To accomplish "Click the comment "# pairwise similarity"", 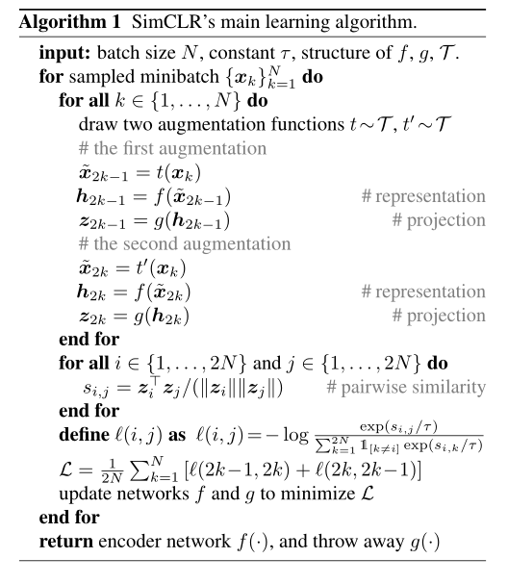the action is click(x=403, y=389).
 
